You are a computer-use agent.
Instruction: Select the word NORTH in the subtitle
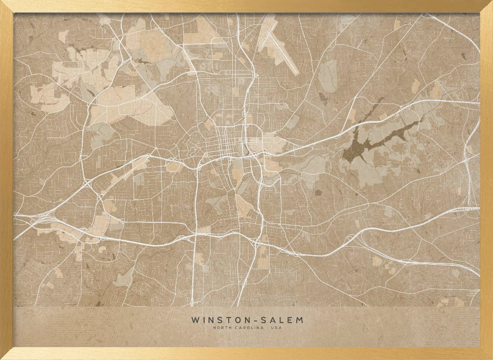pyautogui.click(x=221, y=328)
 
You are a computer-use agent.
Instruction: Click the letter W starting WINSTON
pyautogui.click(x=194, y=320)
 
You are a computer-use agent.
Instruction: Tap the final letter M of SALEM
pyautogui.click(x=300, y=320)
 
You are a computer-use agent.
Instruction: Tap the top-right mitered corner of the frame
pyautogui.click(x=487, y=6)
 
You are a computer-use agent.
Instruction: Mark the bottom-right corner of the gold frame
pyautogui.click(x=487, y=354)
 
